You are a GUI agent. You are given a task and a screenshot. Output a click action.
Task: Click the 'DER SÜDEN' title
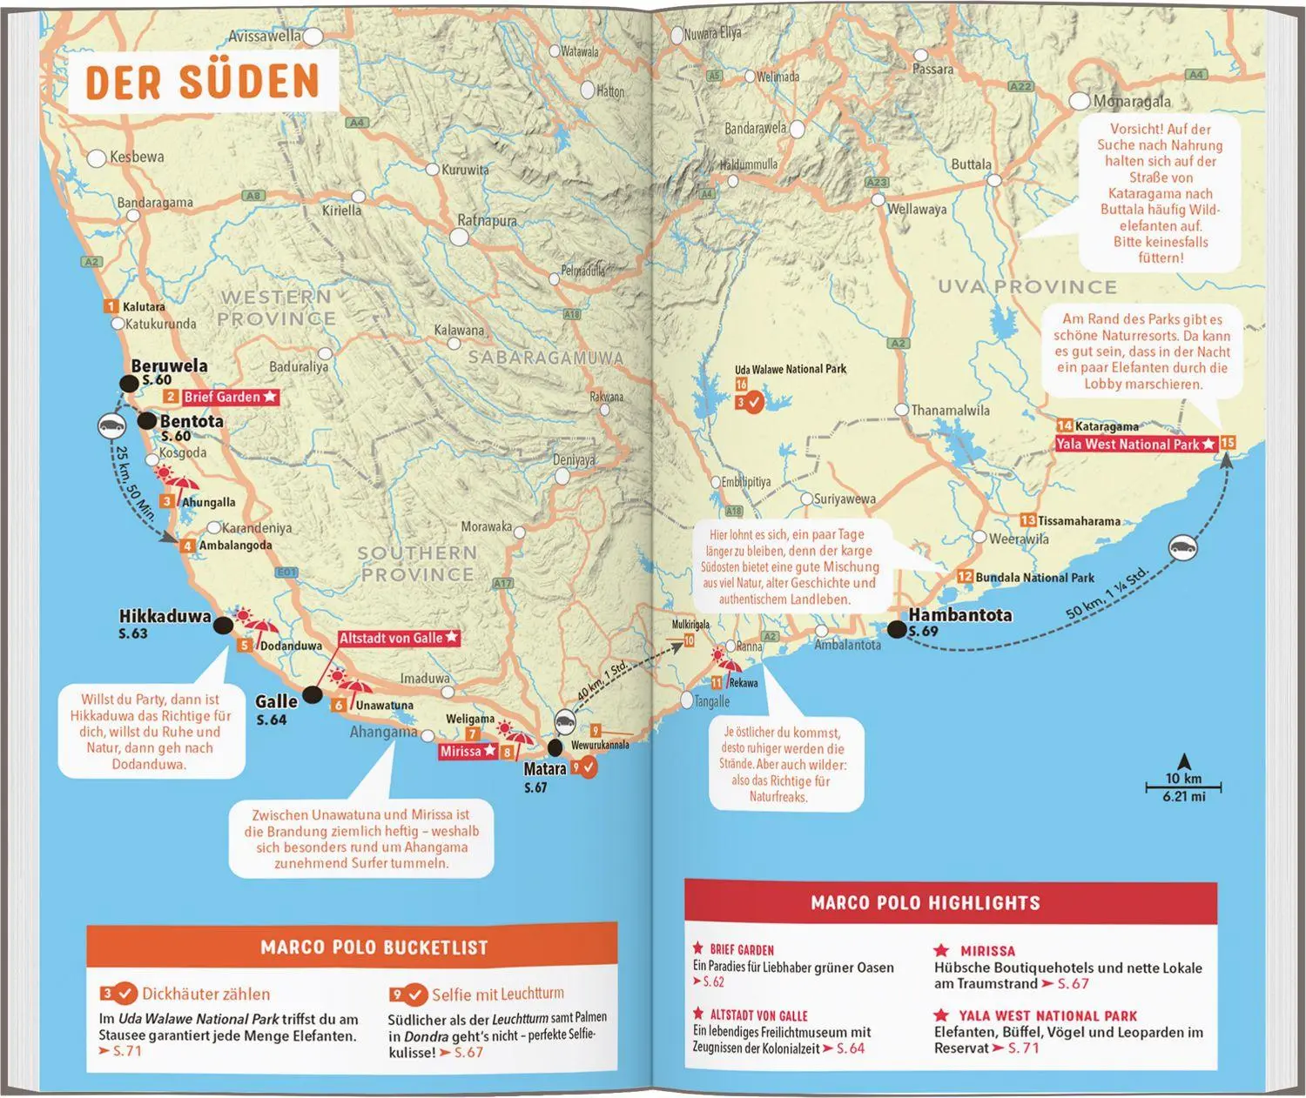pos(202,81)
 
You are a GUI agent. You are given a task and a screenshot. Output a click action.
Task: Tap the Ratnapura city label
pos(487,221)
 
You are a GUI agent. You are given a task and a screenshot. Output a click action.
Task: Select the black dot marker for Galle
pos(312,694)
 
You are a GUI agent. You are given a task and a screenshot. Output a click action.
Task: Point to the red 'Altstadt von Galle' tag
pos(398,638)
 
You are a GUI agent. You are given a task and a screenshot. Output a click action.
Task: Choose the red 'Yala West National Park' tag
pos(1134,444)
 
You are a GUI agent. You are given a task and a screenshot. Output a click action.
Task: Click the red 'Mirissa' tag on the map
pos(468,751)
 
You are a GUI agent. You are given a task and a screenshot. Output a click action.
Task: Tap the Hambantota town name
pos(959,614)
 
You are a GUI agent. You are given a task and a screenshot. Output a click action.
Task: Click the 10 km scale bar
pos(1183,787)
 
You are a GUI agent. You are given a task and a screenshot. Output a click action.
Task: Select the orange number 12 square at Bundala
pos(965,577)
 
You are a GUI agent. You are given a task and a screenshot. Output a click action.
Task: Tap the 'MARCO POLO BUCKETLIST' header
pos(374,947)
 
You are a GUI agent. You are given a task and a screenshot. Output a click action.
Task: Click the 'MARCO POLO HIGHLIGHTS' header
pos(925,902)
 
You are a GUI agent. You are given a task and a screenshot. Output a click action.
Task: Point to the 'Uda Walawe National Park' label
pos(790,369)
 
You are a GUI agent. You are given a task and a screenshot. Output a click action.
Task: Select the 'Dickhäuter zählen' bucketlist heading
pos(205,994)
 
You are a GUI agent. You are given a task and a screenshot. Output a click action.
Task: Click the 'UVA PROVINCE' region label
pos(1027,286)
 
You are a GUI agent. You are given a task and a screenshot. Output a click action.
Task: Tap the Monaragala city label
pos(1131,101)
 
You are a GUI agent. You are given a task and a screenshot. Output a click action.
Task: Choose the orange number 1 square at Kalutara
pos(111,306)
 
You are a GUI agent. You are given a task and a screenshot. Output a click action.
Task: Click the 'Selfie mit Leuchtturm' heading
pos(497,994)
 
